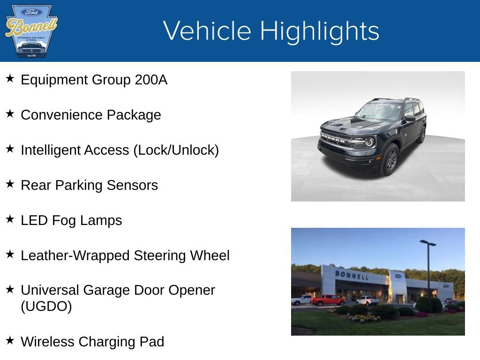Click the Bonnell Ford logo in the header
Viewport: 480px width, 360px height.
pos(31,31)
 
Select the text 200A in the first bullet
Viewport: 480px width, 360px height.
pos(151,80)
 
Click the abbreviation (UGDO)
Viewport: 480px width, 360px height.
pos(46,307)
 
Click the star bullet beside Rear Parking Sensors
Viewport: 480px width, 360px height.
pos(10,184)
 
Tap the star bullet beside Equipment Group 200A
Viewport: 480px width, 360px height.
pos(10,78)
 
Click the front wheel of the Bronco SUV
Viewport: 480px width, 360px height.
pos(390,160)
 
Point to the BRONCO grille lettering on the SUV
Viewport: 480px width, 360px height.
pos(333,139)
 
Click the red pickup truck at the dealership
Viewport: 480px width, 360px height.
pos(328,300)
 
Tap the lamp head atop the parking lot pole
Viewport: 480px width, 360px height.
pos(427,243)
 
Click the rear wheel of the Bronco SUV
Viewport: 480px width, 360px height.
pos(422,135)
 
